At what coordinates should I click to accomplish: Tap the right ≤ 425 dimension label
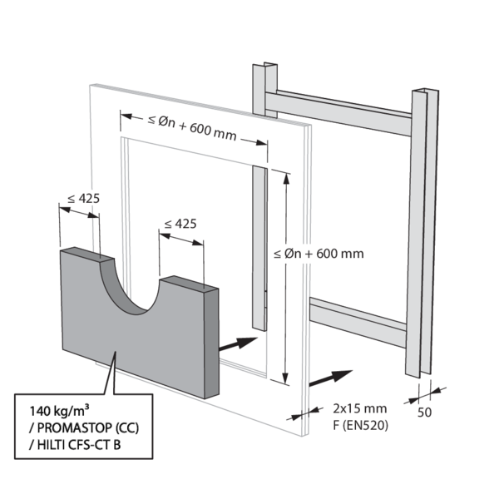click(x=180, y=224)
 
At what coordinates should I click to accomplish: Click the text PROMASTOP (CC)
click(x=76, y=427)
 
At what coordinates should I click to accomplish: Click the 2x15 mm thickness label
click(x=360, y=408)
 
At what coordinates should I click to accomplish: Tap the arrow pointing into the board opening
click(x=238, y=343)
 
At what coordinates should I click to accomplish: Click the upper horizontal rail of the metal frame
click(x=341, y=112)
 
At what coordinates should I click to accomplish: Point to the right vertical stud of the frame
click(x=421, y=233)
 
